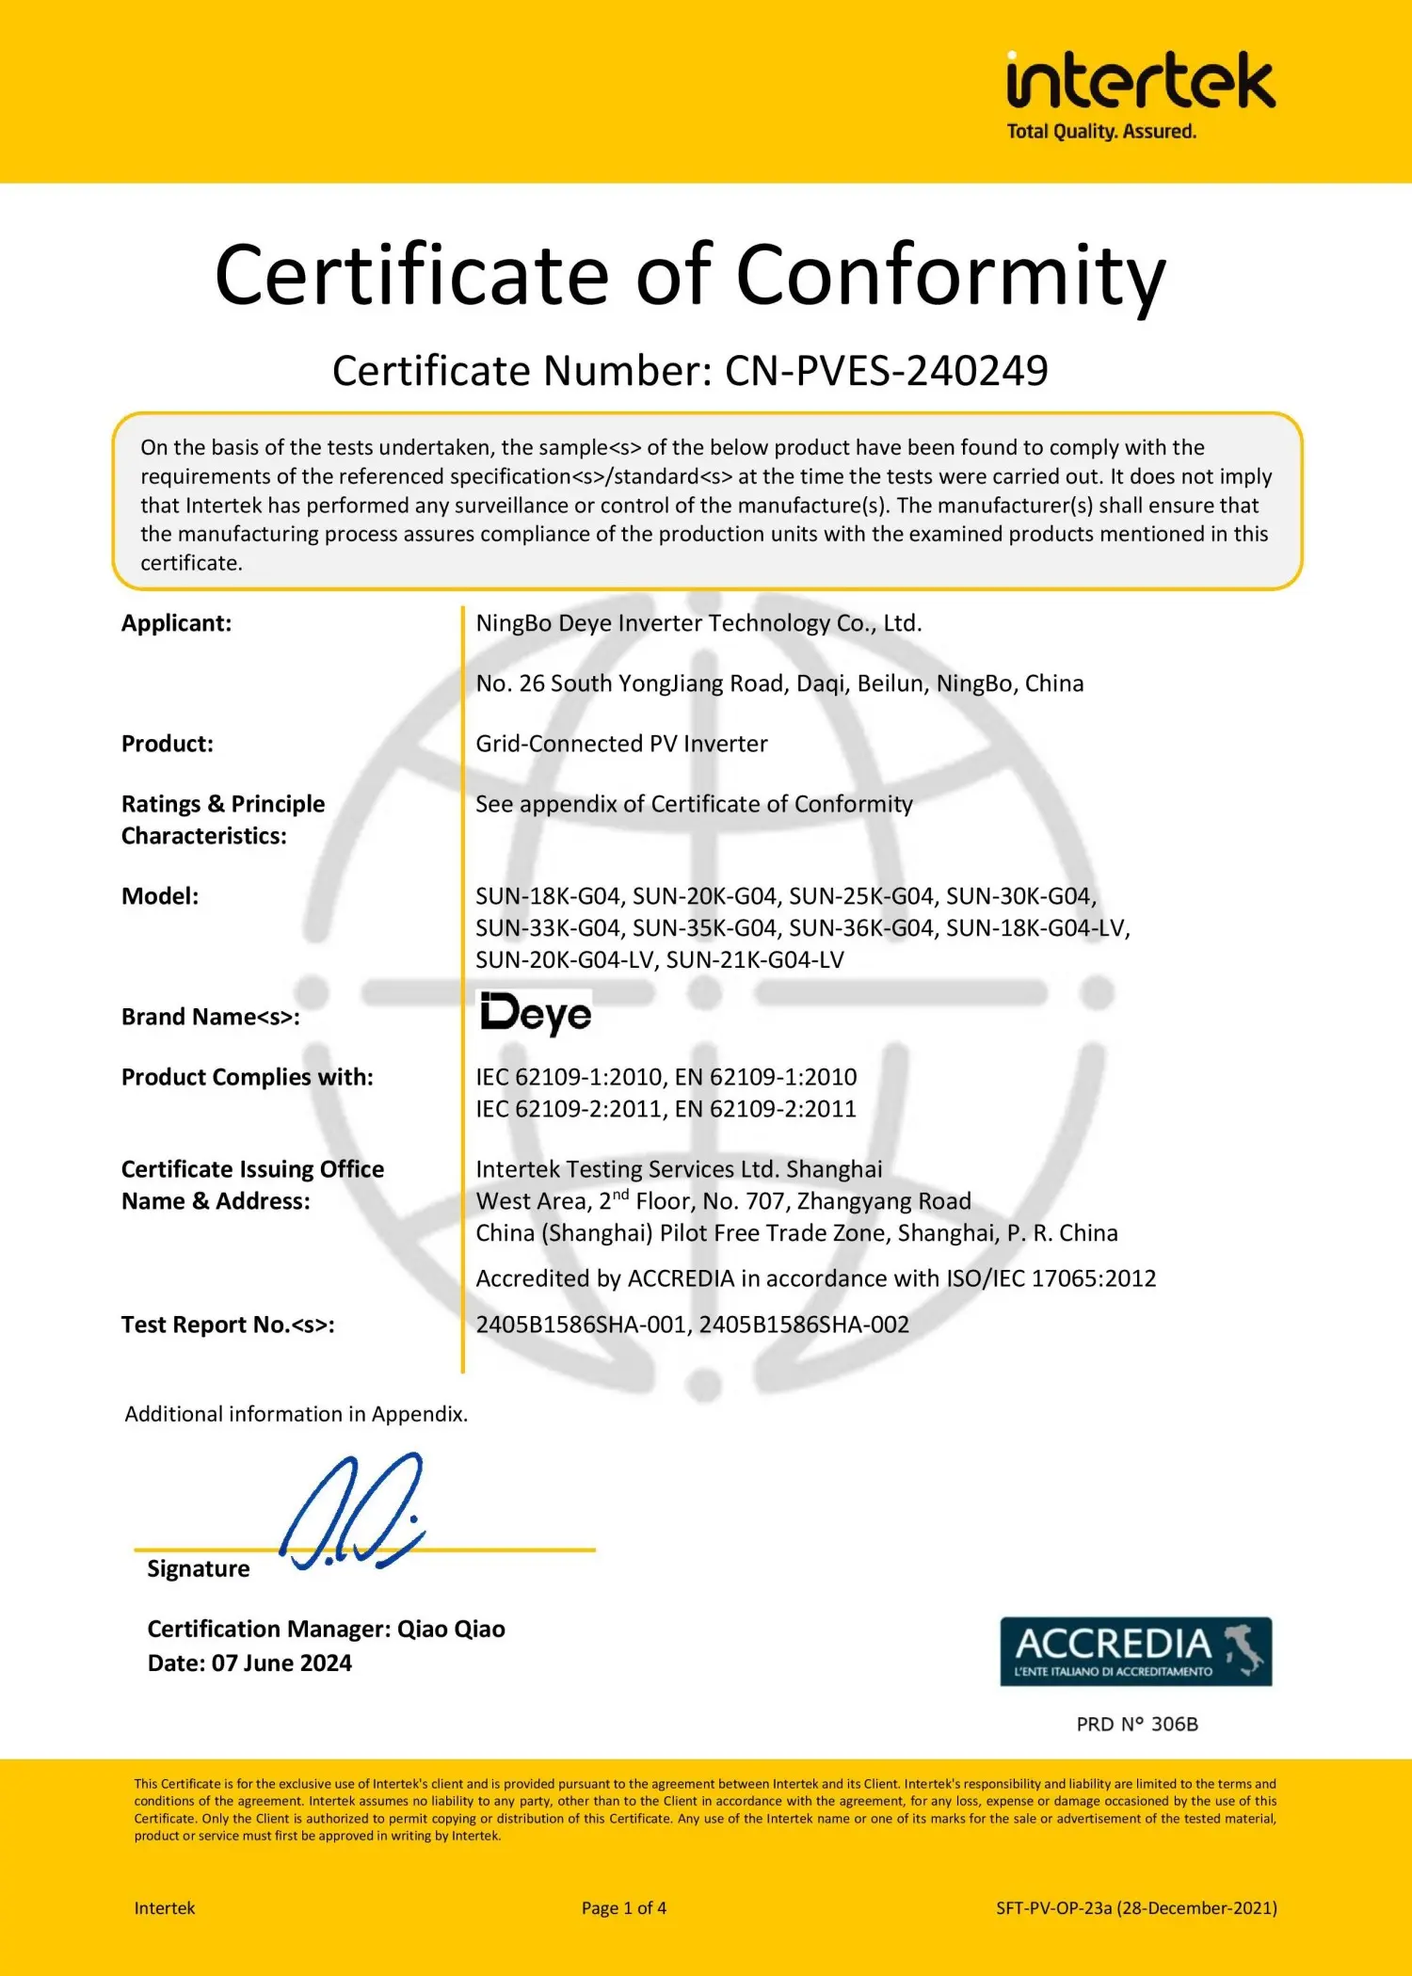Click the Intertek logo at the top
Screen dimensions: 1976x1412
point(1140,94)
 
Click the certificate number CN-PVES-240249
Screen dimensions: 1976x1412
point(886,371)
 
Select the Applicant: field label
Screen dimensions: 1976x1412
point(176,623)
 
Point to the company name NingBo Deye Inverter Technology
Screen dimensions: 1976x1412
point(698,623)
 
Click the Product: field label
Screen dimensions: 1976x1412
point(168,744)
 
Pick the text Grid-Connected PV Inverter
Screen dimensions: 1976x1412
point(621,744)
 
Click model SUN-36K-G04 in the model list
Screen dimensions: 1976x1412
point(861,928)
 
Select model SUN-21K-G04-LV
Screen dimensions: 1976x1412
point(755,960)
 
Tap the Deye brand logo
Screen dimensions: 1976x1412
point(536,1014)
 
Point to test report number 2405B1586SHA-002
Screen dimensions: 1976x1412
point(804,1325)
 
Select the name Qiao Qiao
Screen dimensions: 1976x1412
point(451,1630)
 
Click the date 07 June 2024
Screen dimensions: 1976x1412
point(281,1663)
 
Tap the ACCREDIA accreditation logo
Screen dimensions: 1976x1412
point(1135,1651)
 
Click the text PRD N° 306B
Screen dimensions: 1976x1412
point(1137,1725)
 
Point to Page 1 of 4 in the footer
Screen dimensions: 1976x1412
point(623,1908)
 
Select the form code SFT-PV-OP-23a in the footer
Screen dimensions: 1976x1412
point(1053,1908)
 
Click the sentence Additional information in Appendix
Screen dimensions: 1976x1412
point(296,1414)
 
